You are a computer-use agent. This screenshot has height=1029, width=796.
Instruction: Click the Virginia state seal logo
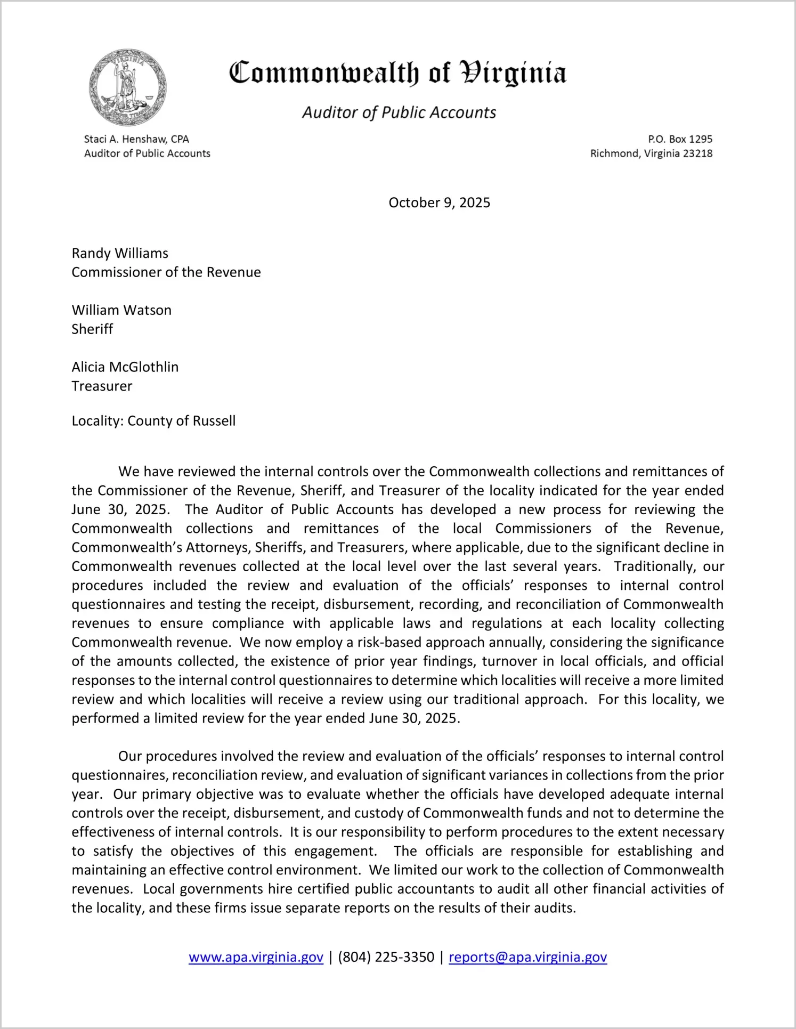click(x=128, y=87)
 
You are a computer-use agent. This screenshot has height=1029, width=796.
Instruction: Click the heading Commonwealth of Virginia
click(x=397, y=74)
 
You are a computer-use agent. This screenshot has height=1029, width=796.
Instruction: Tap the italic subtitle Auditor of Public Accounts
click(x=399, y=112)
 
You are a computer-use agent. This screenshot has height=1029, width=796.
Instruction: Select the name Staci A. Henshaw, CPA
click(x=136, y=139)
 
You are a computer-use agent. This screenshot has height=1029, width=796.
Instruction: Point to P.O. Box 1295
click(x=680, y=139)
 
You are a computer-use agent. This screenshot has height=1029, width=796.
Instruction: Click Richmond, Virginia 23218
click(x=651, y=153)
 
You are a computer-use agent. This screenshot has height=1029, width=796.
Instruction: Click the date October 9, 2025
click(x=439, y=202)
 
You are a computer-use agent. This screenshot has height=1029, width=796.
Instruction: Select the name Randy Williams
click(x=120, y=253)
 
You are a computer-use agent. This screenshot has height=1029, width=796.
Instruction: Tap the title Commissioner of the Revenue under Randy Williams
click(x=166, y=272)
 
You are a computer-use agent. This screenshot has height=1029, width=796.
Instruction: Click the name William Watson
click(x=121, y=310)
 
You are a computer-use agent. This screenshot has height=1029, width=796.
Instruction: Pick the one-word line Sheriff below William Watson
click(x=92, y=329)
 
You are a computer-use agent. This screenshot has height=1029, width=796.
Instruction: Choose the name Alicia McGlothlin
click(x=125, y=367)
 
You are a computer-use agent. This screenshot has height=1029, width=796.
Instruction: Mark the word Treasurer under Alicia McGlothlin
click(x=102, y=386)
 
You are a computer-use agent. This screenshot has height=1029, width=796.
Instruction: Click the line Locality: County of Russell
click(x=153, y=421)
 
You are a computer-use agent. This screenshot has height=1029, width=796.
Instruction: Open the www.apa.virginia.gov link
click(x=256, y=957)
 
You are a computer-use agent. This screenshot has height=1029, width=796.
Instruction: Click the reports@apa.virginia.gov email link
click(x=527, y=957)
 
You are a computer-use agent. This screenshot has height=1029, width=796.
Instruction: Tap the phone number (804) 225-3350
click(x=386, y=957)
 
